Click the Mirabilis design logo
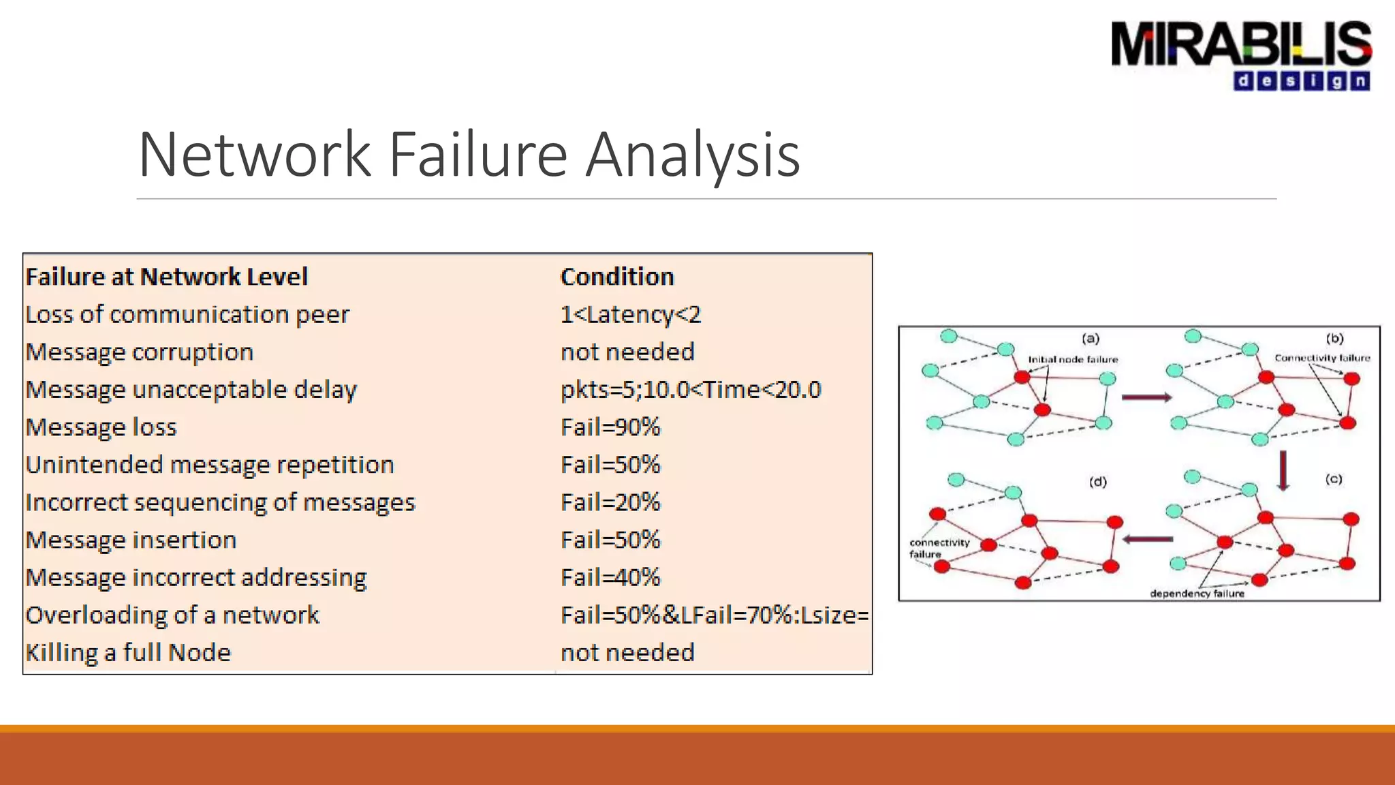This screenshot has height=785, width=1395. (1241, 55)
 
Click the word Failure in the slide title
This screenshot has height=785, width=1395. (477, 155)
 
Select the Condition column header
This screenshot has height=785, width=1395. (617, 277)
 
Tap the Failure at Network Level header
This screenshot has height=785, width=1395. (167, 277)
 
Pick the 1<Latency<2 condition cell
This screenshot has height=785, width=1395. (630, 314)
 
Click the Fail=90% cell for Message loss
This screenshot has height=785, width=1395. (610, 427)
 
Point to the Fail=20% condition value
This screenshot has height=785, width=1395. (610, 502)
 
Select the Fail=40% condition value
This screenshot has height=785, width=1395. (610, 577)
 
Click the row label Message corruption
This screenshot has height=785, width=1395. (140, 352)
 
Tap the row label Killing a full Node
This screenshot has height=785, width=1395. (129, 653)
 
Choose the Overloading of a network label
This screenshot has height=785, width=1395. (172, 615)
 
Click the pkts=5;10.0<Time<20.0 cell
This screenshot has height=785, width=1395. (691, 390)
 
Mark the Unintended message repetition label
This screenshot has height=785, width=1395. (210, 465)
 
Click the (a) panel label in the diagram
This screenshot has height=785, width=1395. (1091, 339)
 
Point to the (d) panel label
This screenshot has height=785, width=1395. (1097, 482)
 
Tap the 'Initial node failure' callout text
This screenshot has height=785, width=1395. (1073, 359)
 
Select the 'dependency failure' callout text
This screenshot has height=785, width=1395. (1197, 594)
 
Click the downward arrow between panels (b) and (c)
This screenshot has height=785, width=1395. (1283, 470)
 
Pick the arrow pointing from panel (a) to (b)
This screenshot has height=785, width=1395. (1146, 397)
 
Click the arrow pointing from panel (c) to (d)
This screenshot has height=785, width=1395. (1148, 540)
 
